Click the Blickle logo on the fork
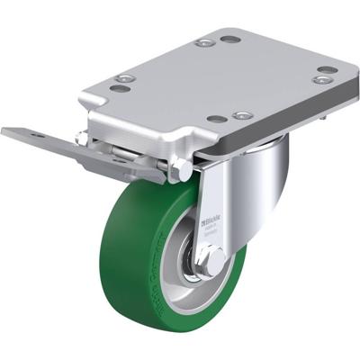(215, 219)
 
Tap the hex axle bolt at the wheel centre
(214, 262)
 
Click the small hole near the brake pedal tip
(37, 135)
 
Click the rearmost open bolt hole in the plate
(230, 40)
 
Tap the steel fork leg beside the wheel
(214, 193)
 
